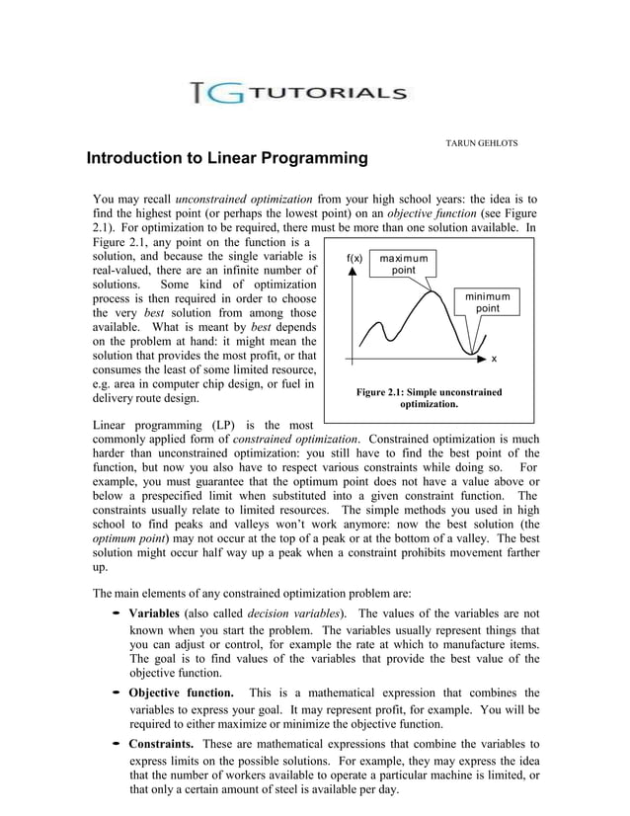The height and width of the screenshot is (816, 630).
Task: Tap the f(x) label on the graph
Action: (x=355, y=259)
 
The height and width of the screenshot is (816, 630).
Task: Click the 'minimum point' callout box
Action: (x=487, y=303)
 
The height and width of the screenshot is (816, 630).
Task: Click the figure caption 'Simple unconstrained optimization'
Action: (x=429, y=398)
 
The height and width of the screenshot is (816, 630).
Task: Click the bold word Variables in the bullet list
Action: (x=161, y=613)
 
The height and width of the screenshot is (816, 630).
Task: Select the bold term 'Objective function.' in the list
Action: (x=182, y=693)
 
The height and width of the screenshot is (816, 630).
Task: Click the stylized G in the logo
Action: (x=224, y=94)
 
